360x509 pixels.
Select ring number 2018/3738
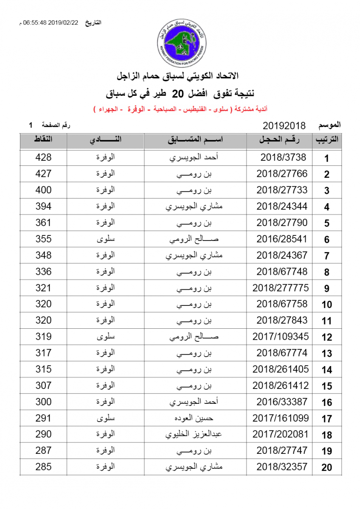(x=283, y=157)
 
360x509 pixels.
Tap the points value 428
(x=43, y=157)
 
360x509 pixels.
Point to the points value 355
(x=43, y=239)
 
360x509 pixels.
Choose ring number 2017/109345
(x=281, y=337)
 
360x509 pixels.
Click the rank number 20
(x=326, y=468)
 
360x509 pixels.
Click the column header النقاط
(x=43, y=140)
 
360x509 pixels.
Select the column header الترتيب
(x=326, y=140)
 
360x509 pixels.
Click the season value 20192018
(x=284, y=126)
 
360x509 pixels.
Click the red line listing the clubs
(x=180, y=110)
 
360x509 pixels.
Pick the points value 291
(x=43, y=418)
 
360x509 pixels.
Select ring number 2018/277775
(x=281, y=288)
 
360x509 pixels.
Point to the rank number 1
(x=326, y=159)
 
